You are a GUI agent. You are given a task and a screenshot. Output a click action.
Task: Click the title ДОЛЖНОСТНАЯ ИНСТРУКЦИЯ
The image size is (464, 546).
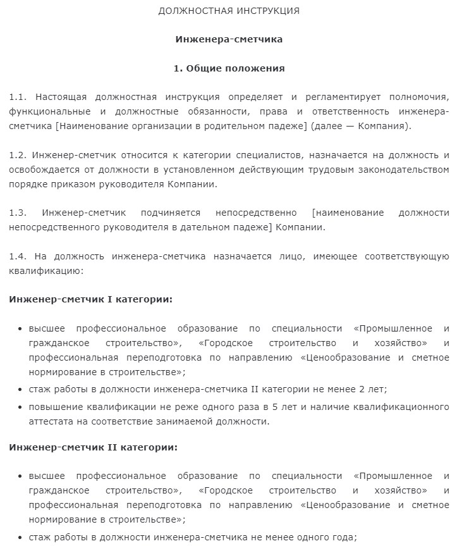tap(229, 11)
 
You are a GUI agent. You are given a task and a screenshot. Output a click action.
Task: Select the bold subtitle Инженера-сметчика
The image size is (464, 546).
tap(229, 39)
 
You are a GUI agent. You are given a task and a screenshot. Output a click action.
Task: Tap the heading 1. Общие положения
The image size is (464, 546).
tap(229, 68)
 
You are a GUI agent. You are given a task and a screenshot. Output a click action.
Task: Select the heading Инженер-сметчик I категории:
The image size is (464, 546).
tap(90, 299)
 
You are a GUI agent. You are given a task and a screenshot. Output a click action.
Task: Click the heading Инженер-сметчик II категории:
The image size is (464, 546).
tap(93, 447)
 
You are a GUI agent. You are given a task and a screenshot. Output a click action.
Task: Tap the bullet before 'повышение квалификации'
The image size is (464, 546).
tap(21, 406)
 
